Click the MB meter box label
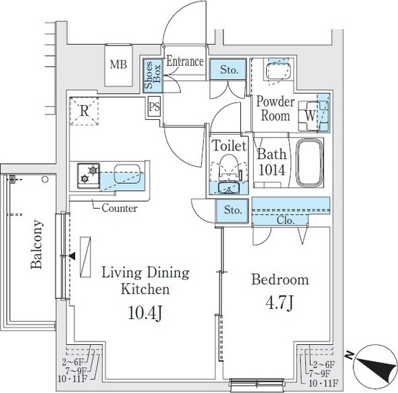tap(118, 64)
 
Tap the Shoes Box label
tap(152, 75)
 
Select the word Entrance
tap(185, 62)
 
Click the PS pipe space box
tap(154, 106)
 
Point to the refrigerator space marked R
tap(84, 111)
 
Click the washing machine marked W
tap(311, 116)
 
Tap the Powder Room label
tap(275, 108)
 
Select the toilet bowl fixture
tap(229, 167)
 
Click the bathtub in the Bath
tap(310, 162)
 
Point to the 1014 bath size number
tap(272, 171)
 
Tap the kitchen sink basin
tap(127, 173)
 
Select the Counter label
tap(120, 208)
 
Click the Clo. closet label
tap(286, 220)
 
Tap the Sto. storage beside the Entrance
tap(228, 69)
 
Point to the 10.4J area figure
tap(145, 313)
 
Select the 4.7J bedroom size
tap(280, 303)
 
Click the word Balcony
tap(36, 244)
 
